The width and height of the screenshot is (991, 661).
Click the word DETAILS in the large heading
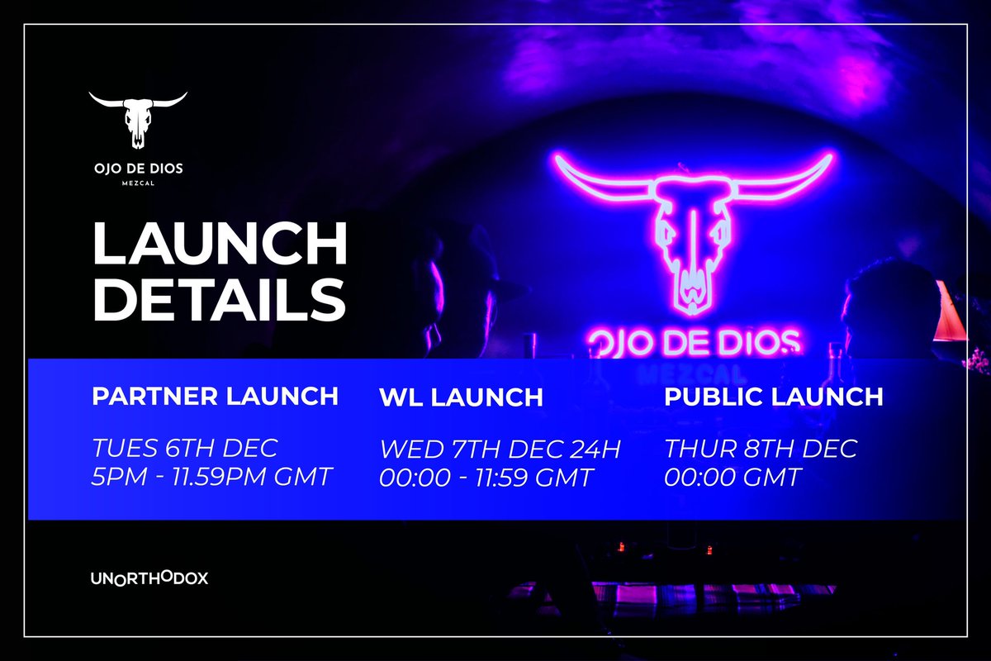[x=219, y=299]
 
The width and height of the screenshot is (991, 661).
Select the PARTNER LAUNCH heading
[x=215, y=396]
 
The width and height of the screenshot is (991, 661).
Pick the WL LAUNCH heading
[x=461, y=397]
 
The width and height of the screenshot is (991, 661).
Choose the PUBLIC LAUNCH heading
[x=774, y=396]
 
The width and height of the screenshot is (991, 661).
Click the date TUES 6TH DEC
[x=185, y=449]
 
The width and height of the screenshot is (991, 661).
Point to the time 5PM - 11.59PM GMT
[x=212, y=477]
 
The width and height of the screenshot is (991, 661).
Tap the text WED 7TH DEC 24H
[x=500, y=450]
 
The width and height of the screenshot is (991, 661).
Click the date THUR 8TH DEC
[x=761, y=449]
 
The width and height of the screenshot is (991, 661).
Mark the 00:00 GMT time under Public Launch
[x=733, y=477]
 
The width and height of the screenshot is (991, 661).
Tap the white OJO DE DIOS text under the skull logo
[x=138, y=169]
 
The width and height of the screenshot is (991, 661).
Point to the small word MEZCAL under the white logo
[x=138, y=184]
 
